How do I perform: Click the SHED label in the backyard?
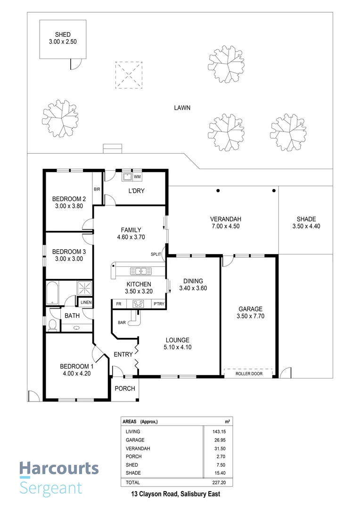click(63, 35)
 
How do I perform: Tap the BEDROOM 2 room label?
click(69, 198)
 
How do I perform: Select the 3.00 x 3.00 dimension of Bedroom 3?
click(69, 259)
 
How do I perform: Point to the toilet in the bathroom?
click(53, 324)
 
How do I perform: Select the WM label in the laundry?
click(138, 177)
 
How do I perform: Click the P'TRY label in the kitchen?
click(159, 304)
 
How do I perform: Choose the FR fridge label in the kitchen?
click(119, 304)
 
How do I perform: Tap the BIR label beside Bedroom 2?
click(98, 189)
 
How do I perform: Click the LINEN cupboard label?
click(86, 303)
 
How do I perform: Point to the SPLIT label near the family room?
click(156, 254)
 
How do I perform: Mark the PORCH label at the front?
click(125, 389)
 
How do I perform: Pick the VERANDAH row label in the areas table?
click(137, 448)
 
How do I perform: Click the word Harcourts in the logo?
click(59, 468)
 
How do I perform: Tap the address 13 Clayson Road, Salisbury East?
click(176, 494)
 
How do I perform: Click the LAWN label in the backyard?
click(182, 107)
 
